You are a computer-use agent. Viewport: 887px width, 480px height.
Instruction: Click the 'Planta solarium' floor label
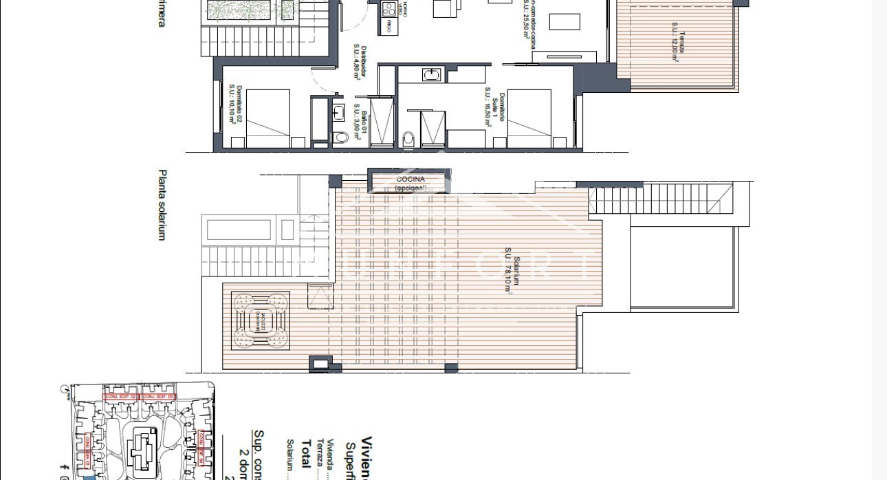[163, 205]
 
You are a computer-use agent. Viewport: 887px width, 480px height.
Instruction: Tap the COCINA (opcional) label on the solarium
[410, 183]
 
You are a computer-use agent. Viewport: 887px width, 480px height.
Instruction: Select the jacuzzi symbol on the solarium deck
[260, 321]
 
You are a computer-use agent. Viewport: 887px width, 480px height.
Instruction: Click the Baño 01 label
[358, 122]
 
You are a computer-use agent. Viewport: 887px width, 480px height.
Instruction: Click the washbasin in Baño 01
[338, 111]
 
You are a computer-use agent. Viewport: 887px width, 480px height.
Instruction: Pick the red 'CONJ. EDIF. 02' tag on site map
[120, 397]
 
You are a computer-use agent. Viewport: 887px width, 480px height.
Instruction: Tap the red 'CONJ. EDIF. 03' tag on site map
[157, 397]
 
